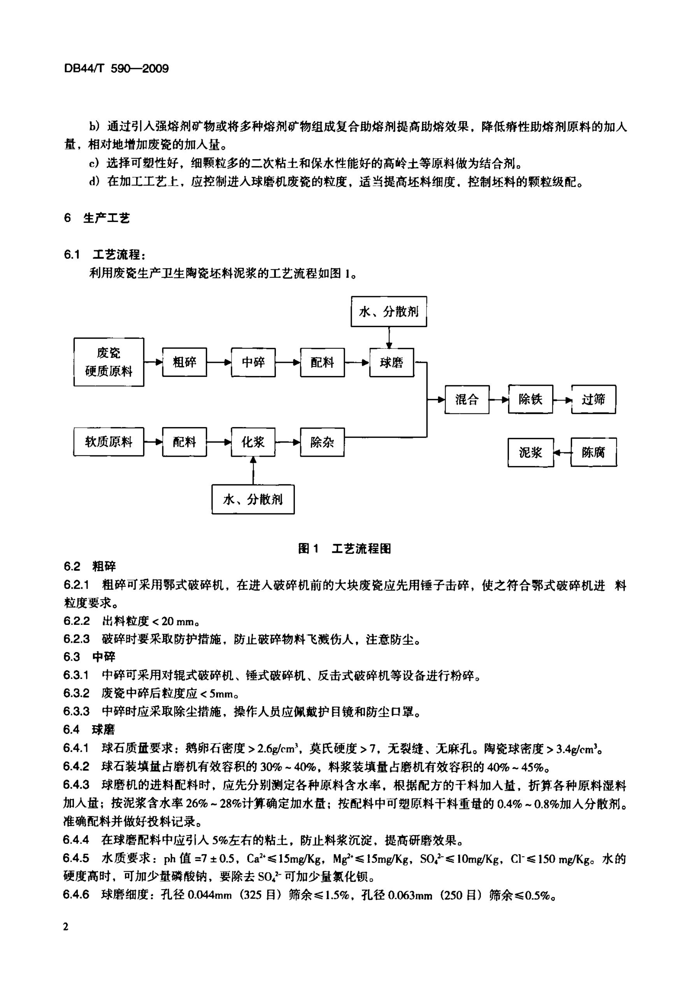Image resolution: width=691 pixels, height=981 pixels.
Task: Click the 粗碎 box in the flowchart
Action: [184, 362]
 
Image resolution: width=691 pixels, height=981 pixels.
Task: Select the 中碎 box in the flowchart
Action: [253, 362]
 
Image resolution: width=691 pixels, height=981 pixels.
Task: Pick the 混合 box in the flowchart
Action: [467, 399]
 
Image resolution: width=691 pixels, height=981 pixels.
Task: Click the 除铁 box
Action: [530, 399]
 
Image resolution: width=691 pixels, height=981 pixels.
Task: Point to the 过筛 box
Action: [594, 399]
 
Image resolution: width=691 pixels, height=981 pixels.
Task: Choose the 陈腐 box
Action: [594, 452]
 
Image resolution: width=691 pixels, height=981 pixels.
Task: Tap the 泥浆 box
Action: [530, 452]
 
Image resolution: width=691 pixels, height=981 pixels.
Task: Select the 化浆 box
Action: [253, 442]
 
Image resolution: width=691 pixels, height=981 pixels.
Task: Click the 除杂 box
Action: [322, 442]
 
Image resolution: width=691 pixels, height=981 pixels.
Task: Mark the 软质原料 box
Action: [109, 442]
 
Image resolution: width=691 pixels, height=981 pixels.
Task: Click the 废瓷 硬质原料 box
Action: [109, 362]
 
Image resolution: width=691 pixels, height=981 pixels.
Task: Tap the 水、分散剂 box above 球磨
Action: [389, 311]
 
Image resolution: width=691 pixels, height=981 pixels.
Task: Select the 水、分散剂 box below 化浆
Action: [253, 499]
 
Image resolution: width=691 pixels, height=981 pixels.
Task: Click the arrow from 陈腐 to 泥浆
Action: [563, 452]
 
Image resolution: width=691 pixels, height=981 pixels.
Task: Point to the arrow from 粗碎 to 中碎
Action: [219, 362]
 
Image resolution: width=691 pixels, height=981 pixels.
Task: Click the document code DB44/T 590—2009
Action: [116, 69]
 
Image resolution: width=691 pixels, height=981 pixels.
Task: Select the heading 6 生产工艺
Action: [97, 218]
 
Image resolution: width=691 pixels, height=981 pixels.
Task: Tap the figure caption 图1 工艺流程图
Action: [344, 549]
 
